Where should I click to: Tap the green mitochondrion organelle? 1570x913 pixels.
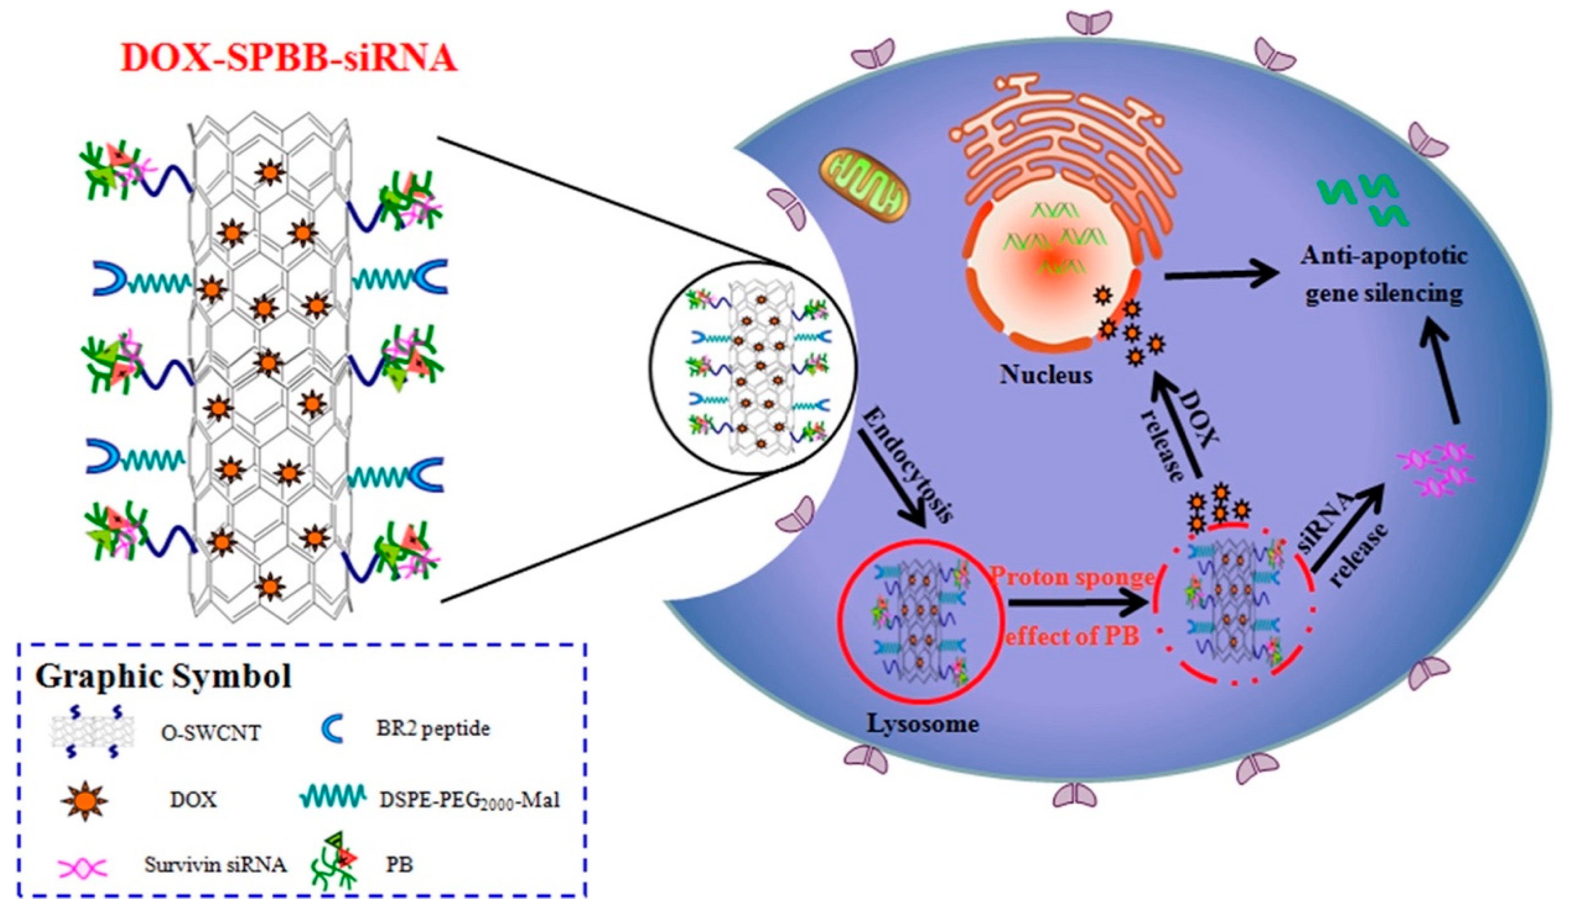(x=864, y=186)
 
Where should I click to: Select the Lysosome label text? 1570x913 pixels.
(x=922, y=724)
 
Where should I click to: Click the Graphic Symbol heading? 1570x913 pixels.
(x=163, y=676)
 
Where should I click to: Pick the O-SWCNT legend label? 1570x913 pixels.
(x=211, y=734)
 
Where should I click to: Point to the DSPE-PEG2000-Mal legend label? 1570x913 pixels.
(x=469, y=800)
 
